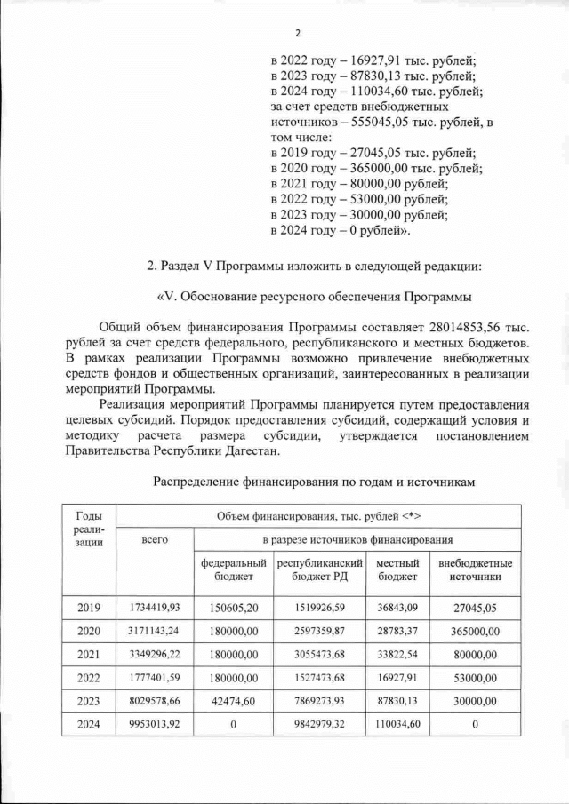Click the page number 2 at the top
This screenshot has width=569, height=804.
298,34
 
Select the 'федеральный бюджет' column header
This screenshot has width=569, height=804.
234,570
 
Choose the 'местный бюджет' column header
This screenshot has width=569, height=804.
397,570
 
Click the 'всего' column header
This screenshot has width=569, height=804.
156,539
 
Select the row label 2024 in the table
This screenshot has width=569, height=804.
89,724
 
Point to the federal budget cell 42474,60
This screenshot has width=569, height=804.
234,701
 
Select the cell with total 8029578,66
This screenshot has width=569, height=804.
156,701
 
